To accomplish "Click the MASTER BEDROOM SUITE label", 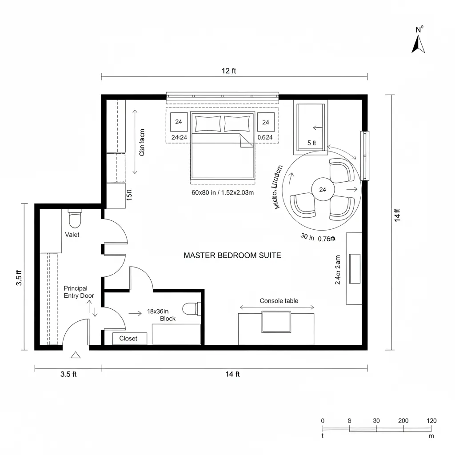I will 232,255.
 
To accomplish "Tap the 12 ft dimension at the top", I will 228,71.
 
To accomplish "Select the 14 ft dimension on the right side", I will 397,215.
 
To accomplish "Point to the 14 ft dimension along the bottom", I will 232,374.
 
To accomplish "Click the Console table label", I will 279,301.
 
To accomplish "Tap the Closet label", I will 128,339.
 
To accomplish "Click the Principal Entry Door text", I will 79,292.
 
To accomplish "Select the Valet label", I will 72,235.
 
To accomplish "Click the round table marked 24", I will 323,190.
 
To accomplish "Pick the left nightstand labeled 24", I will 179,122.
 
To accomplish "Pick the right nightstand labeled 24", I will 266,122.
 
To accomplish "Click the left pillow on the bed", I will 208,123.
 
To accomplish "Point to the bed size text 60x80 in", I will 222,192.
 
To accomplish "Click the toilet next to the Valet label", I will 75,219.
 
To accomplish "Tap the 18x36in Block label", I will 164,315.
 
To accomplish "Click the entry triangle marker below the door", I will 76,355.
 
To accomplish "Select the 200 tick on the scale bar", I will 403,421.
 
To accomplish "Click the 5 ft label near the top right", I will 311,143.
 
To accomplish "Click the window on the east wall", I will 364,156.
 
